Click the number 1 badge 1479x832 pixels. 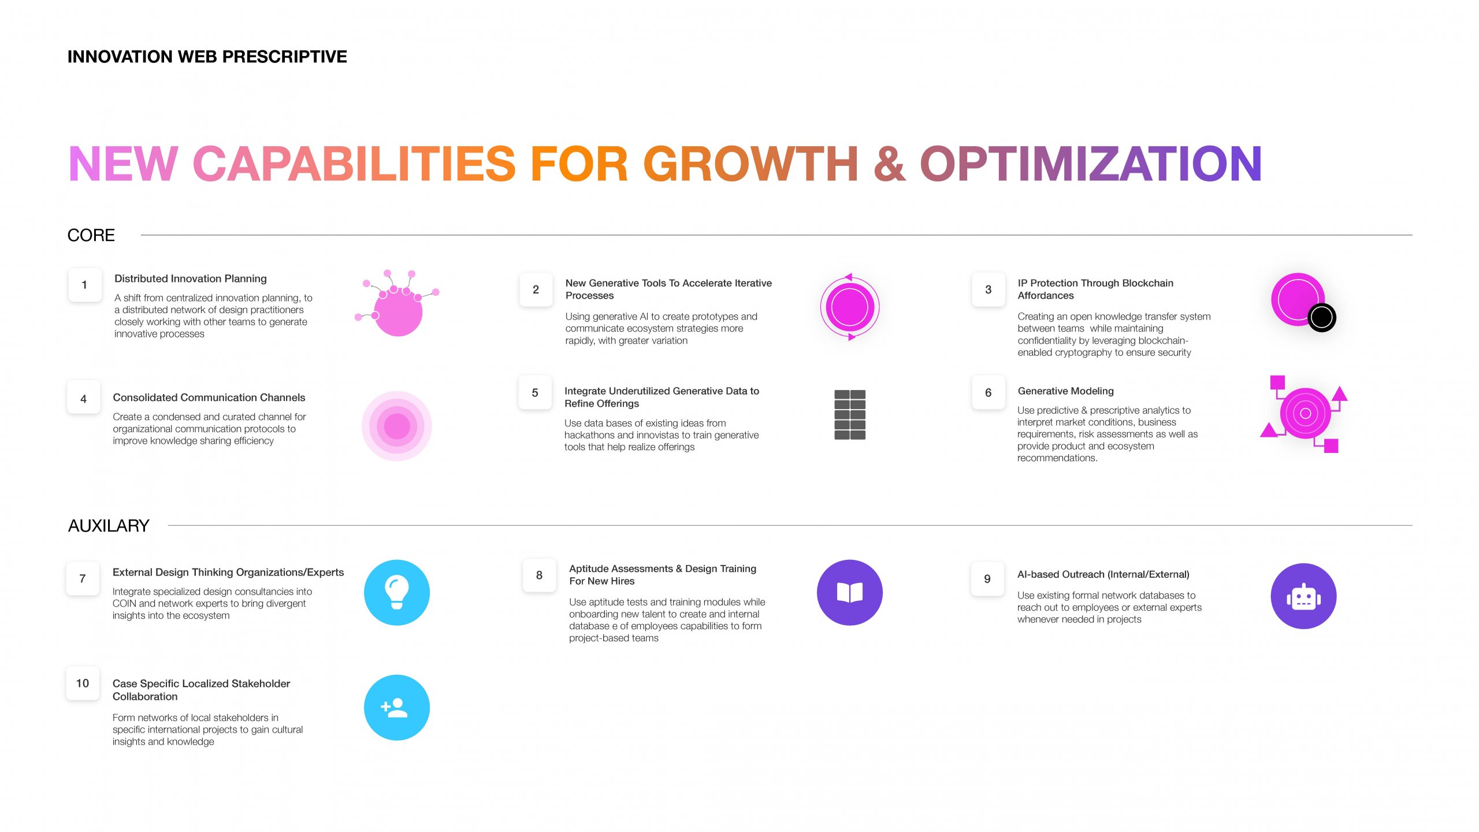[x=84, y=285]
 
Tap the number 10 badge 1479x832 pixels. [x=83, y=684]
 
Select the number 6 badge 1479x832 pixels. [x=988, y=393]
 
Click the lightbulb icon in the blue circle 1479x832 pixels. [x=397, y=592]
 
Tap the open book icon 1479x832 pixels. [x=850, y=593]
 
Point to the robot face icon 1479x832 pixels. [x=1304, y=597]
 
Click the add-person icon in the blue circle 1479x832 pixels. [x=395, y=708]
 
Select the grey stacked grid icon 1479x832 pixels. [x=850, y=415]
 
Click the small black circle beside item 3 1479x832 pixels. [x=1322, y=317]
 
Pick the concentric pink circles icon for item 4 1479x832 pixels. [x=397, y=426]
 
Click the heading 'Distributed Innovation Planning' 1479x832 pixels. [x=191, y=278]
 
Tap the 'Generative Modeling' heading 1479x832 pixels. [x=1066, y=391]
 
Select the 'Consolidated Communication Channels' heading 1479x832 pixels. [x=209, y=398]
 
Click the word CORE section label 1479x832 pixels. [x=91, y=235]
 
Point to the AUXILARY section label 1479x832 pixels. [x=109, y=526]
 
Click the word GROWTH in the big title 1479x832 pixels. [x=750, y=164]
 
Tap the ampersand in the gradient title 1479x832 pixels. [x=890, y=164]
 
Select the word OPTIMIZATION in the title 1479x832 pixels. [x=1091, y=164]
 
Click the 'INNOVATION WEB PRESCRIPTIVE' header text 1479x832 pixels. [x=207, y=57]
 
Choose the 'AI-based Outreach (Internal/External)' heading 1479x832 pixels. [x=1103, y=574]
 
